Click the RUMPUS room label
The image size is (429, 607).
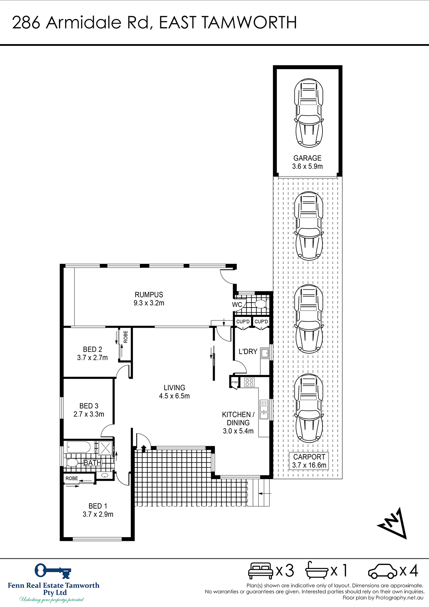tap(149, 295)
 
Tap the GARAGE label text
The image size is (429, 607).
tap(307, 158)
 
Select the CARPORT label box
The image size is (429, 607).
tap(309, 461)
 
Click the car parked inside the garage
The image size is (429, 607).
tap(309, 113)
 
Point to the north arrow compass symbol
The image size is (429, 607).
tap(393, 523)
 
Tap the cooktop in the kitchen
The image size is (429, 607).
tap(250, 382)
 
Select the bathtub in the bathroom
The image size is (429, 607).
tap(79, 447)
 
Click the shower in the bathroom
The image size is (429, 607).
tap(106, 447)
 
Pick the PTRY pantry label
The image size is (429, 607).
tap(235, 382)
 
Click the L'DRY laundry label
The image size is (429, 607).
tap(248, 352)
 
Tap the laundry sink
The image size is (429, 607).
tap(265, 353)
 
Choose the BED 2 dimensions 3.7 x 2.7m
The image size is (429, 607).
tap(92, 358)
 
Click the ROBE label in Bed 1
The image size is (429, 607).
tap(72, 479)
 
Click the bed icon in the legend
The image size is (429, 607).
tap(261, 571)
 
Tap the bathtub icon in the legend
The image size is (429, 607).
tap(317, 571)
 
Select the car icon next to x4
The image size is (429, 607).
tap(383, 571)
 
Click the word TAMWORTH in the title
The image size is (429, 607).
tap(250, 23)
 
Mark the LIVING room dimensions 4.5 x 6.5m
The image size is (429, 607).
tap(174, 396)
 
